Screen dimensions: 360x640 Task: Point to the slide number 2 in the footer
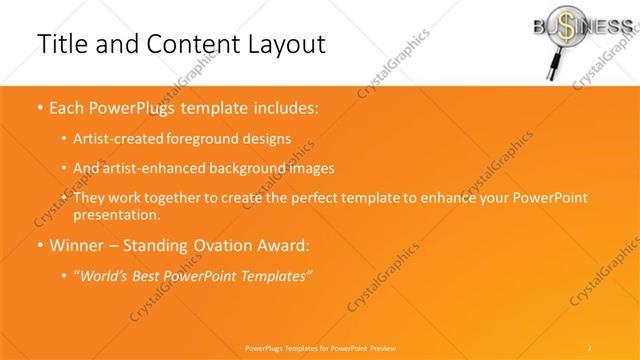pos(589,346)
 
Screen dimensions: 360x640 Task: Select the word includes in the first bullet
pos(284,108)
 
